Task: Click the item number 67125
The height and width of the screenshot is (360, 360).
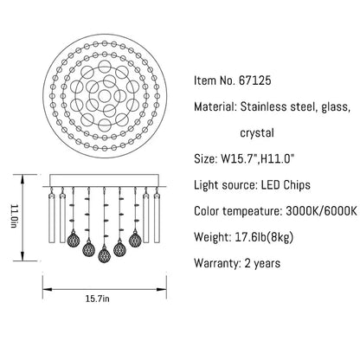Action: (255, 80)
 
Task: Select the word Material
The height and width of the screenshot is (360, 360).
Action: (215, 106)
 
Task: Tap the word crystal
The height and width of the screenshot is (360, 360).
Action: (257, 133)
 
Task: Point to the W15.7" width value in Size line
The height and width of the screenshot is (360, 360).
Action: (239, 159)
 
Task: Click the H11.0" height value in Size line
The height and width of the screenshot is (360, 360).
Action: (276, 159)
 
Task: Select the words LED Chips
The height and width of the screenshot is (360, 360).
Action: (286, 185)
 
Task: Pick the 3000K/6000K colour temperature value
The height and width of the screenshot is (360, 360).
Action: (321, 211)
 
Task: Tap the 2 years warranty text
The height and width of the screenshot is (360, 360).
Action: (262, 264)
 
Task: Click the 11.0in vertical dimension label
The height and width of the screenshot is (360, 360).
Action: (14, 216)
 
